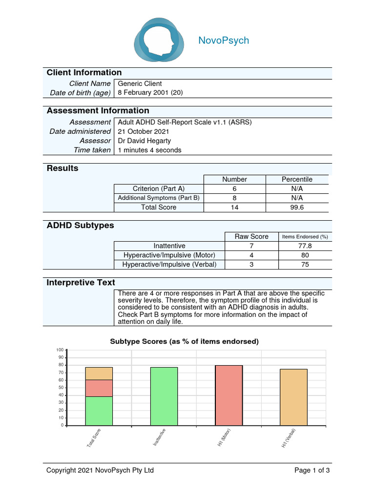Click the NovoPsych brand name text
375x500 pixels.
pos(224,41)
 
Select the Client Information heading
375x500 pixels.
pos(84,73)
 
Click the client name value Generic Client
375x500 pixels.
pos(140,83)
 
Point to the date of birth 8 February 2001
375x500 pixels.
pos(150,93)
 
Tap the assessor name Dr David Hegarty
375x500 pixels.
pos(145,141)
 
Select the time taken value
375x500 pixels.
pos(149,150)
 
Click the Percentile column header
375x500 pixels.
pos(297,179)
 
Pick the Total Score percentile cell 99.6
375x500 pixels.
pos(297,207)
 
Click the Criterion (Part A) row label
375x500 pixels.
pos(159,188)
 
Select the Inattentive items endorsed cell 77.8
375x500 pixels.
pos(305,246)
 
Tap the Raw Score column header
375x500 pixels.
pos(251,236)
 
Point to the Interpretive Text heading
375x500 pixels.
pos(81,283)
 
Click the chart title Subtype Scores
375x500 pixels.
pos(184,341)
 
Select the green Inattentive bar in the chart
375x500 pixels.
pos(164,396)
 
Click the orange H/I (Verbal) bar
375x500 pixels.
pos(294,397)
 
